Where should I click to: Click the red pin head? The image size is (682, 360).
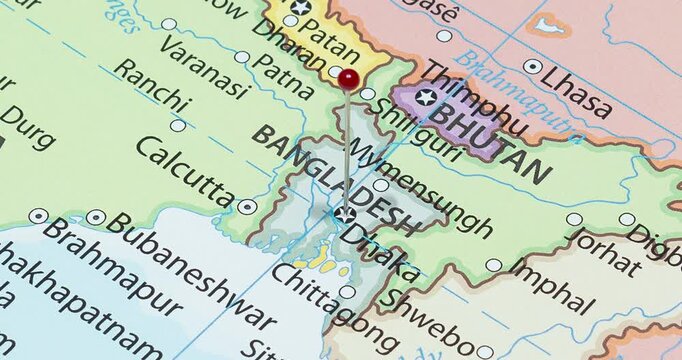point(348,79)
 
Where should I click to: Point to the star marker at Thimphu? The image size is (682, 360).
point(427,97)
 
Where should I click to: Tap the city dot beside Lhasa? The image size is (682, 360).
point(533,67)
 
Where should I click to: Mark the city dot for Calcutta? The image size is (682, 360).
point(247,207)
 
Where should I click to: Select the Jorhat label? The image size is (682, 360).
point(605,251)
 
